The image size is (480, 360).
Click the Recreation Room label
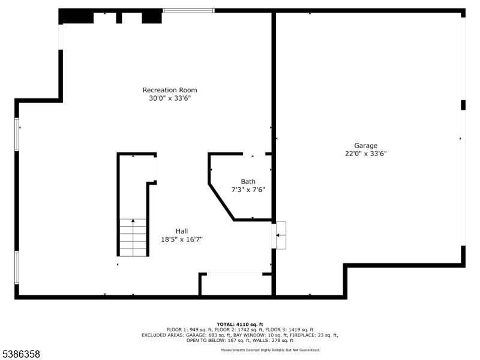170,90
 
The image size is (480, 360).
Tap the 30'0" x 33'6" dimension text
170,98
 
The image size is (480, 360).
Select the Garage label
366,146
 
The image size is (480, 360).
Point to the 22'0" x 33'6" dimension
366,154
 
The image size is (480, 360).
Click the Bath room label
248,182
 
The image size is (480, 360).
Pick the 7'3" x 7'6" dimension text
248,190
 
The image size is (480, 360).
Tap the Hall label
182,231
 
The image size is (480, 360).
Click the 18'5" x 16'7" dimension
182,239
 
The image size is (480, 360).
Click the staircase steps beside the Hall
133,237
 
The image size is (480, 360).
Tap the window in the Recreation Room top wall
188,11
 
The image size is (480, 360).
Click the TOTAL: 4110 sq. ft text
240,325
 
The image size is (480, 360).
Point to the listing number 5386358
20,354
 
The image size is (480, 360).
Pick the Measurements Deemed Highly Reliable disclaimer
271,350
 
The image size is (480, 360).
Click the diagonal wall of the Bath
221,202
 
